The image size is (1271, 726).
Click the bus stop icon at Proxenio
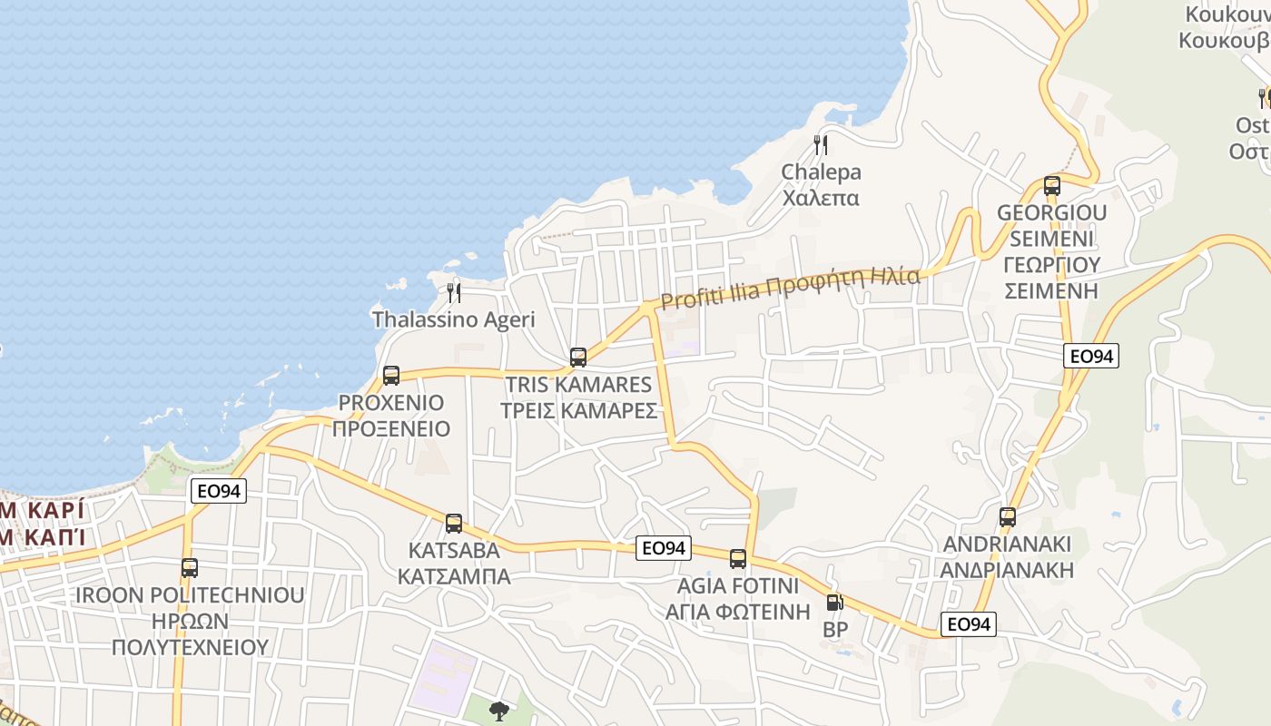coord(391,375)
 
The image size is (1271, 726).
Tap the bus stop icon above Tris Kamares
coord(578,357)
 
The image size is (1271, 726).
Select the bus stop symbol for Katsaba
coord(454,523)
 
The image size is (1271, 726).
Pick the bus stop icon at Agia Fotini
coord(738,558)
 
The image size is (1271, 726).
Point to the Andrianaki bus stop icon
coord(1008,516)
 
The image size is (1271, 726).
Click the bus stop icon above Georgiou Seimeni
coord(1052,186)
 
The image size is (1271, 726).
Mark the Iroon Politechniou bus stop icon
coord(190,567)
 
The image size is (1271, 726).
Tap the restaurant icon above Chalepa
coord(821,144)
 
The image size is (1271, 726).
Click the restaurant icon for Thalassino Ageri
coord(454,292)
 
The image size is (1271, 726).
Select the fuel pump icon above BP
coord(834,601)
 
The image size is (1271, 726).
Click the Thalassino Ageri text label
coord(453,319)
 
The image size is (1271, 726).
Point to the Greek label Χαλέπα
coord(821,197)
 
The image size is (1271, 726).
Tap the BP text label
coord(835,629)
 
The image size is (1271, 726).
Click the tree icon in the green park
coord(498,711)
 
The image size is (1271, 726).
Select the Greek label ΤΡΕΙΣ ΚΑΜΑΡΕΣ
coord(578,410)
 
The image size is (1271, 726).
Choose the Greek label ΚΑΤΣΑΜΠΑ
coord(454,576)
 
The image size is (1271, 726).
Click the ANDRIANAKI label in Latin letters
coord(1008,544)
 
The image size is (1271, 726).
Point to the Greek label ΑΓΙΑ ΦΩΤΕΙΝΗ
coord(737,611)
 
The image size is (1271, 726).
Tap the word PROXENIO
coord(391,402)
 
